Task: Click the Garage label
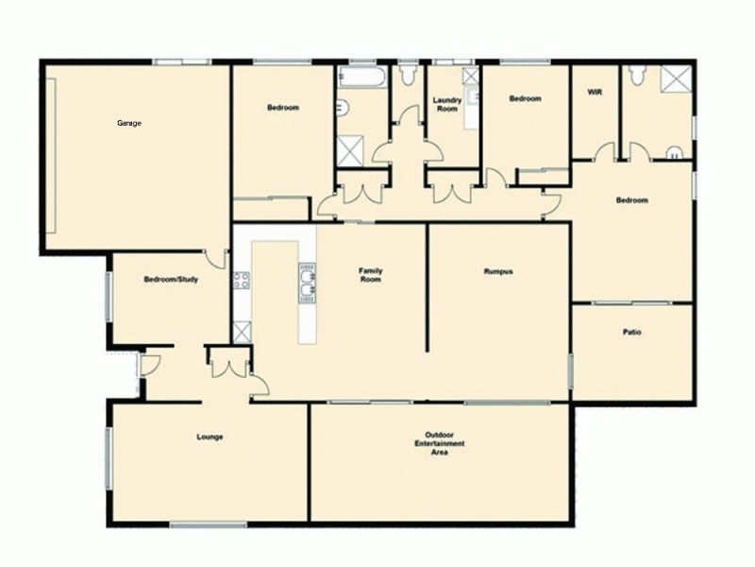pos(129,124)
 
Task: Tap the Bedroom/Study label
pos(171,279)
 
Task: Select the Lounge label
pos(210,436)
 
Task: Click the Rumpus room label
pos(498,272)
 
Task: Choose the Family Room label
pos(370,275)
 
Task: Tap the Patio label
pos(631,332)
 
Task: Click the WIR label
pos(595,94)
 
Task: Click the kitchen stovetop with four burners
pos(241,280)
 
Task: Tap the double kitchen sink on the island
pos(307,282)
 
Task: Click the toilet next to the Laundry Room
pos(408,72)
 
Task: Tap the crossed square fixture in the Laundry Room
pos(470,76)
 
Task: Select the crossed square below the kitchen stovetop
pos(241,331)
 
